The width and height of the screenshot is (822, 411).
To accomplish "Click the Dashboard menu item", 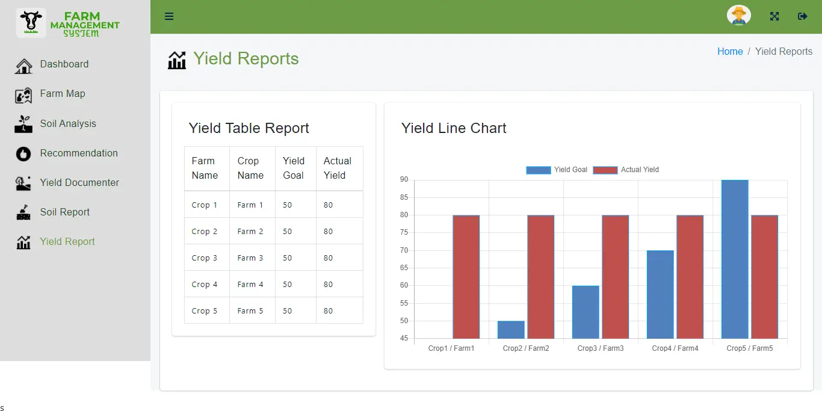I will tap(64, 64).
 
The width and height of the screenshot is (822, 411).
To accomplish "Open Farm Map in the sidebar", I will tap(62, 94).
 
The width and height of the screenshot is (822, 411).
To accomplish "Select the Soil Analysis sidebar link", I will tap(67, 124).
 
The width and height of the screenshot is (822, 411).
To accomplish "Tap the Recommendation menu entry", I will tap(78, 153).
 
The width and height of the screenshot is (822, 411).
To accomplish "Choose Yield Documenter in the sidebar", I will tap(79, 183).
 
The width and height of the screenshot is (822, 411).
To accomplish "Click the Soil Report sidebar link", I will tap(64, 212).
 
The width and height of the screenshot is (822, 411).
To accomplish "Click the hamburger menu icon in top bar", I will tap(169, 16).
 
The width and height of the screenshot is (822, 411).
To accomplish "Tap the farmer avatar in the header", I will tap(738, 16).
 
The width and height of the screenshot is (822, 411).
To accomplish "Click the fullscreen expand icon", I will tap(774, 16).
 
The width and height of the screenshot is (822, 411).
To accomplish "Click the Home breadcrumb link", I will tap(730, 52).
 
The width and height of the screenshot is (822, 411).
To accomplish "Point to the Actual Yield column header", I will tap(338, 168).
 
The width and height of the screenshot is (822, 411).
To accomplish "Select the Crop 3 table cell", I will tap(205, 258).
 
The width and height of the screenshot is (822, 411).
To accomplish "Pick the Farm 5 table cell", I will tap(250, 311).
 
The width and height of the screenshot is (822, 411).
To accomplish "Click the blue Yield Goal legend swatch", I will tap(538, 170).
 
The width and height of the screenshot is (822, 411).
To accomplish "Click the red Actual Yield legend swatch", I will tap(605, 170).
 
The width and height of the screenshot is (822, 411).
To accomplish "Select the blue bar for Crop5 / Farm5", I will tap(735, 259).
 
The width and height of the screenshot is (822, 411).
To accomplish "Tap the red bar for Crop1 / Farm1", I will tap(466, 277).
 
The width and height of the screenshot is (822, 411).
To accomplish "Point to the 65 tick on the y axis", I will tap(403, 268).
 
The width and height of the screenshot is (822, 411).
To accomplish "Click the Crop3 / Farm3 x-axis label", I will tap(600, 348).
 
